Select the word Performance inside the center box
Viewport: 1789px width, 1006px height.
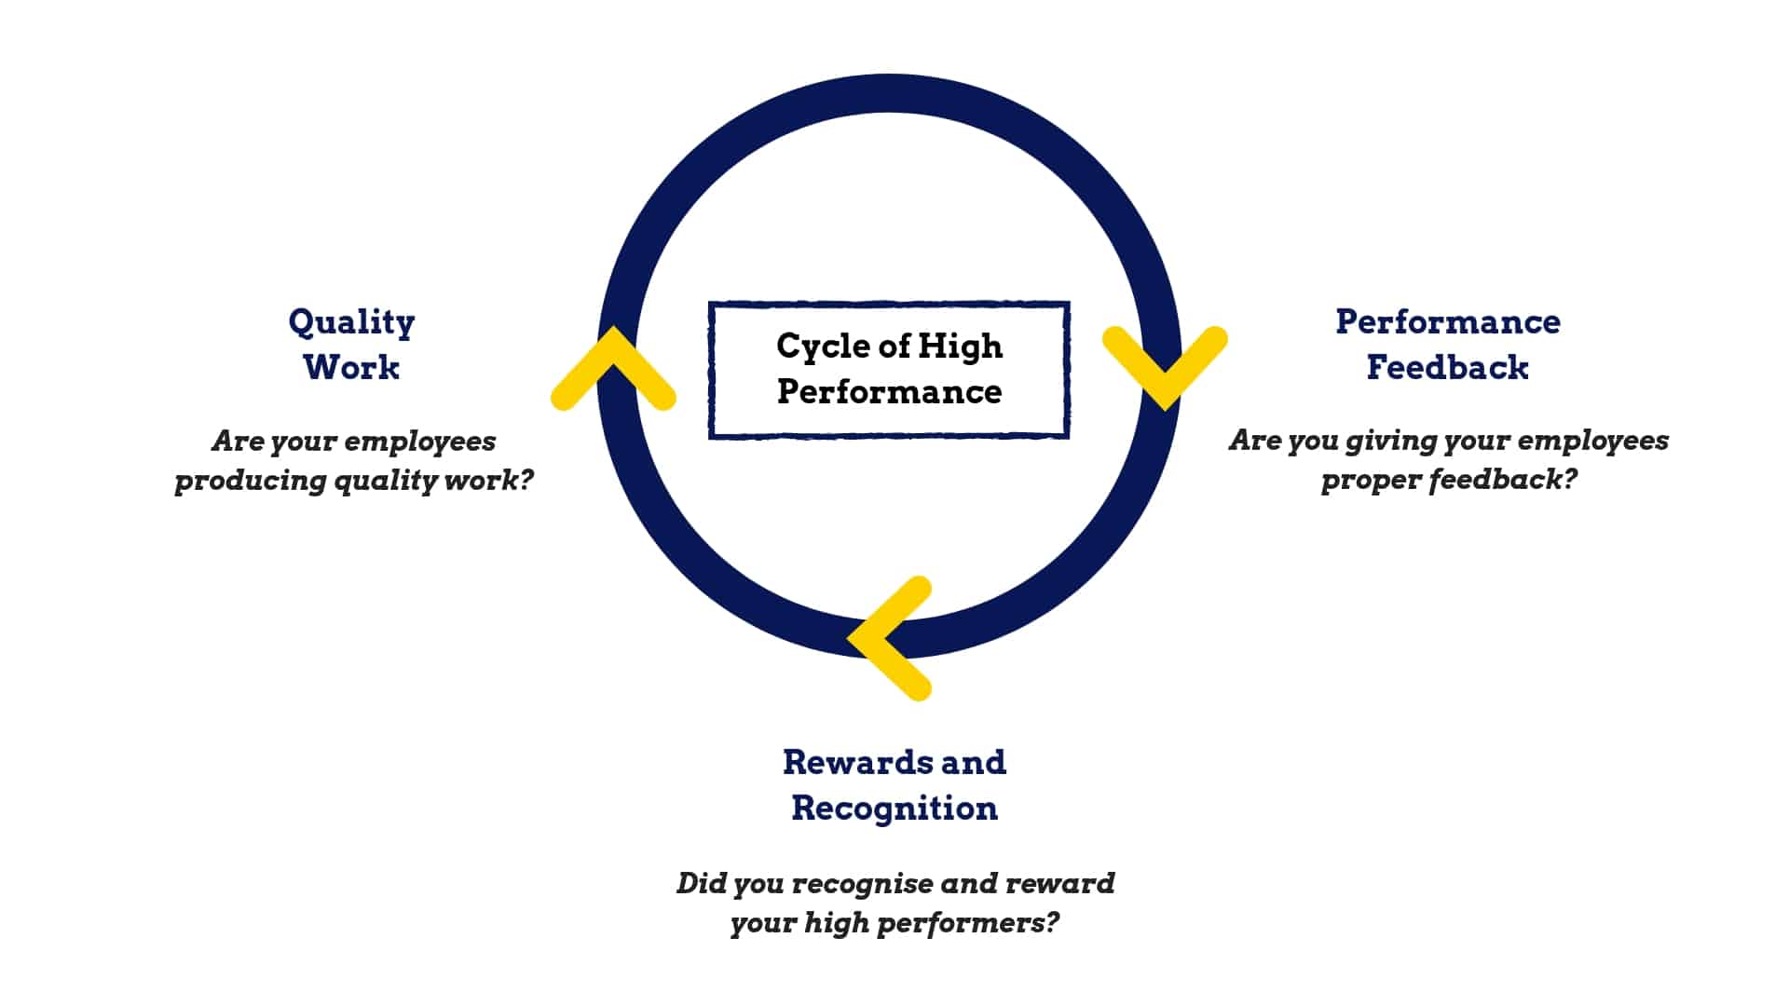[889, 392]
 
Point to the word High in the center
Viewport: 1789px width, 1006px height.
[960, 347]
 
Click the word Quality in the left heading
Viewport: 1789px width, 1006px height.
[351, 323]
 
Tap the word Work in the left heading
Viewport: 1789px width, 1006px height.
[351, 367]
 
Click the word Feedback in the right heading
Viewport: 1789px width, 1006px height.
[1447, 367]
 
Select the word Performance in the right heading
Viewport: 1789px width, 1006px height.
[1447, 322]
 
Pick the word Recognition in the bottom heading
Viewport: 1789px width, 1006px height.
[894, 808]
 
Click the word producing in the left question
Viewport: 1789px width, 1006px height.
[250, 482]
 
